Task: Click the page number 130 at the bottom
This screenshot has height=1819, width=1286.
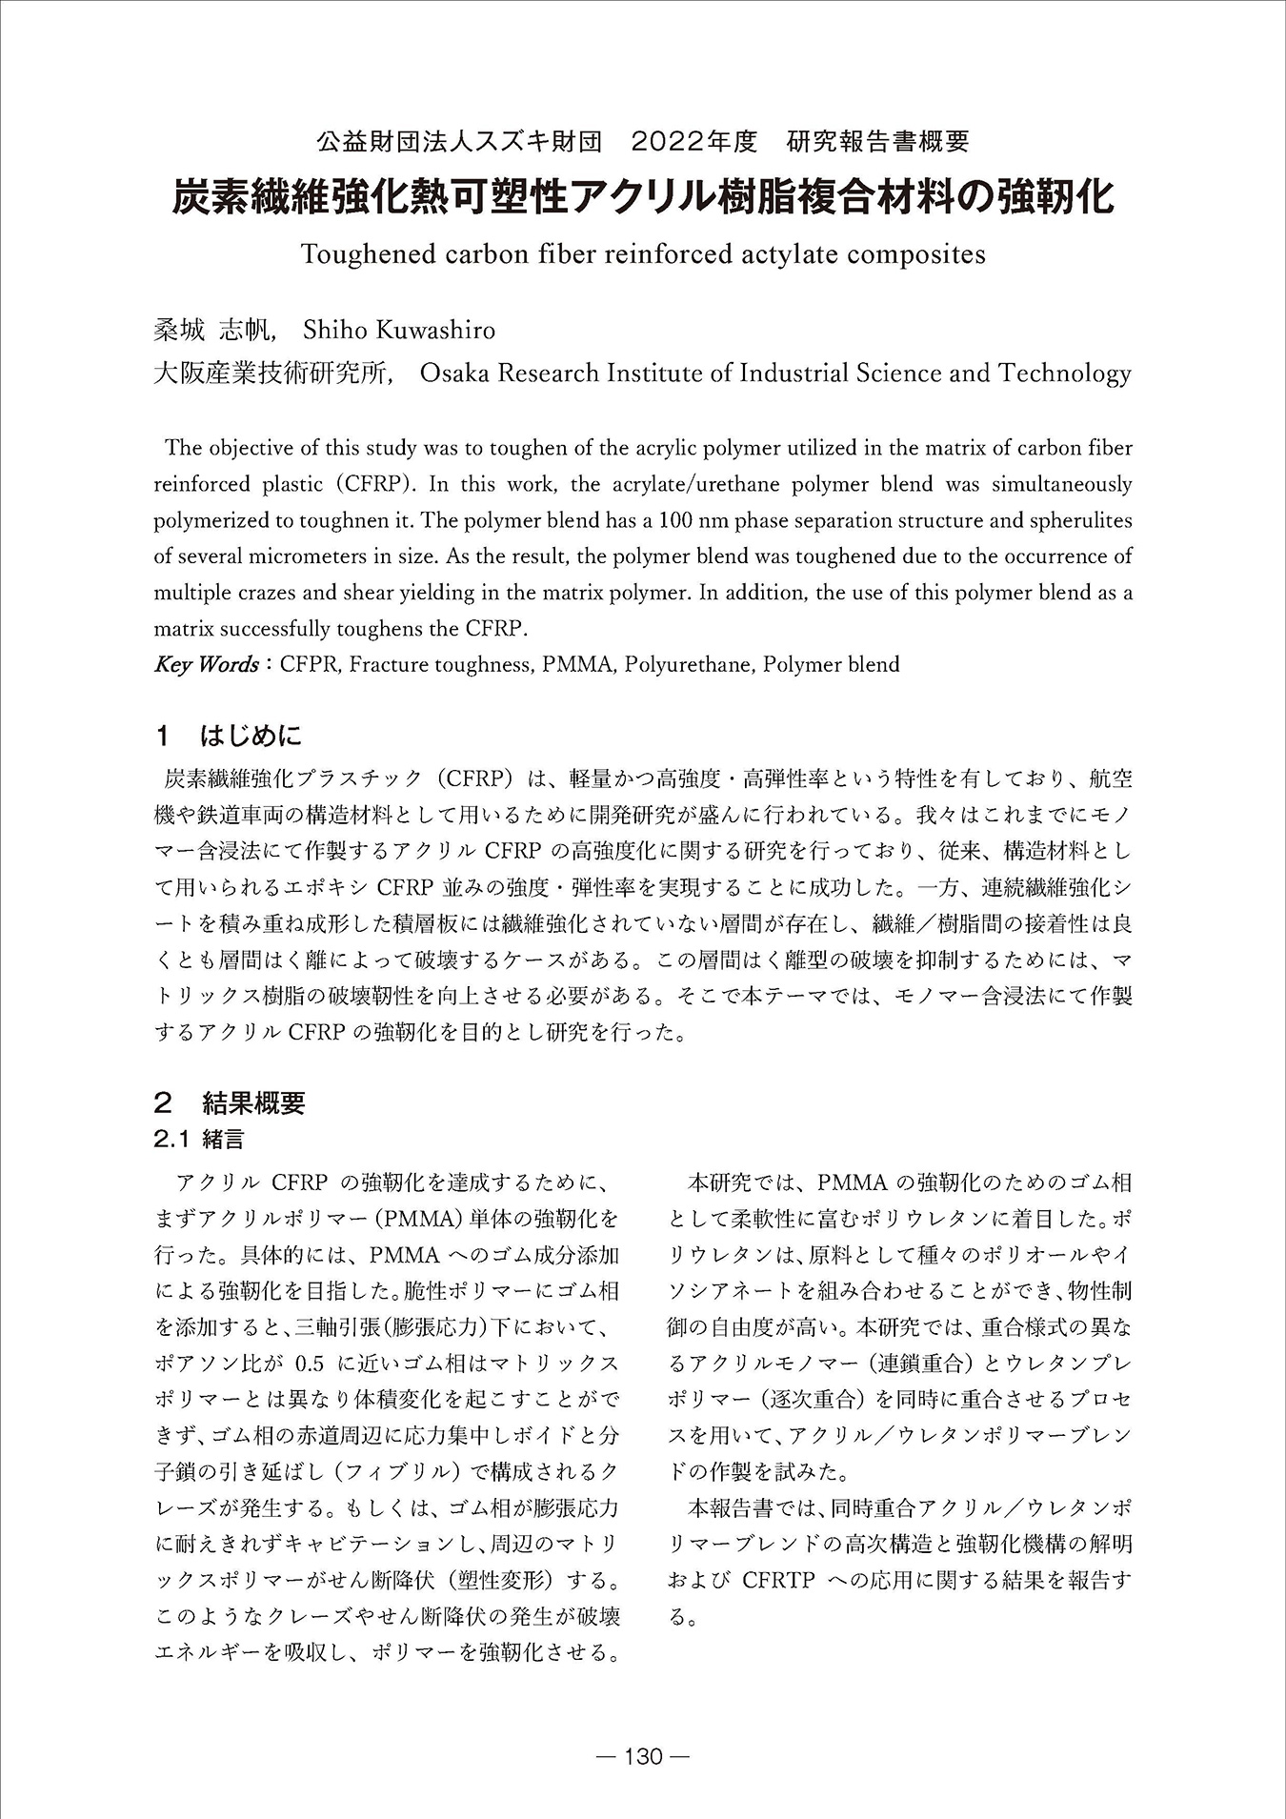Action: coord(642,1756)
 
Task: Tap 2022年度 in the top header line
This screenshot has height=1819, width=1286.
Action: coord(693,142)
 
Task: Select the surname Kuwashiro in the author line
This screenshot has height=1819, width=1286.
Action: coord(436,331)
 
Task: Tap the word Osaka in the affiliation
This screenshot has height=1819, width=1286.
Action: coord(452,373)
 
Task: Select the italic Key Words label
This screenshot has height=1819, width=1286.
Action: coord(206,664)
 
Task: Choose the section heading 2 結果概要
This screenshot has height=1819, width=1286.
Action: coord(230,1103)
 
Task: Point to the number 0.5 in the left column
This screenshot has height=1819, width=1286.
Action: coord(317,1363)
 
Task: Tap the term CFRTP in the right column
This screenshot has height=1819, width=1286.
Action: coord(778,1580)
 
